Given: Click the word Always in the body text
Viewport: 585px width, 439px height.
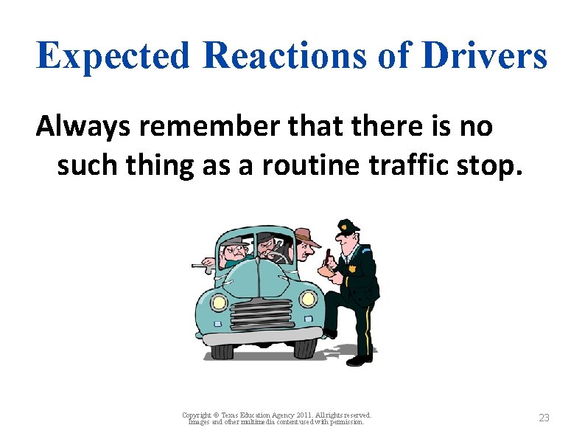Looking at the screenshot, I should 81,128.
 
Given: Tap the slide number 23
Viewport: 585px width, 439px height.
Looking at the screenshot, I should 544,418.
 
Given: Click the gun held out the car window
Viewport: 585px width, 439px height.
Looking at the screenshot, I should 199,267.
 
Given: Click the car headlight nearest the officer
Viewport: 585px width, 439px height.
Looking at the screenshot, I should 308,299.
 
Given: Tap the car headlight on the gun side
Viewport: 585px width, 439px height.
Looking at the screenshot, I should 219,302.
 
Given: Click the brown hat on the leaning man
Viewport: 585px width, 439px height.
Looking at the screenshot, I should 306,238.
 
